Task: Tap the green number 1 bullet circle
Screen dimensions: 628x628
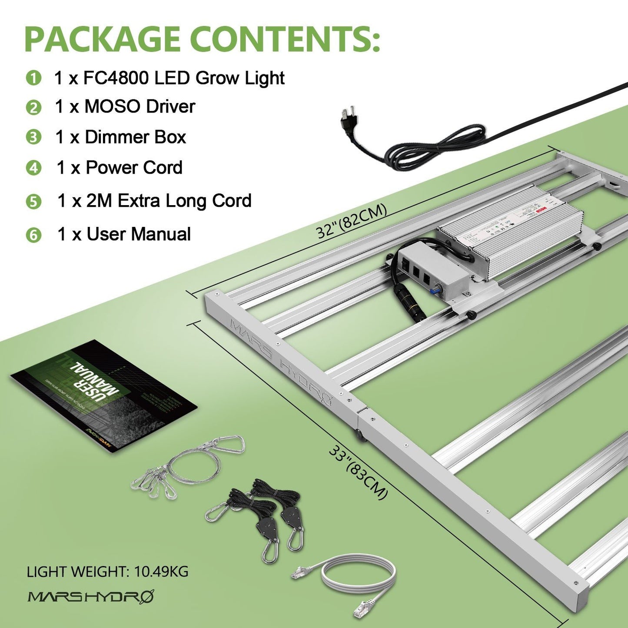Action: (33, 78)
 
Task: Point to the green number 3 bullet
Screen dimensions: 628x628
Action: (33, 137)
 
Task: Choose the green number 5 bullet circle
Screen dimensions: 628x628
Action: (33, 202)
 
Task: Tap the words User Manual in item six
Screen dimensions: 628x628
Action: (139, 234)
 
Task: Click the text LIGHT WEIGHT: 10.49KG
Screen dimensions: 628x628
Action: (107, 572)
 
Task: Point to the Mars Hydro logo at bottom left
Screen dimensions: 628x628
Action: (91, 596)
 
